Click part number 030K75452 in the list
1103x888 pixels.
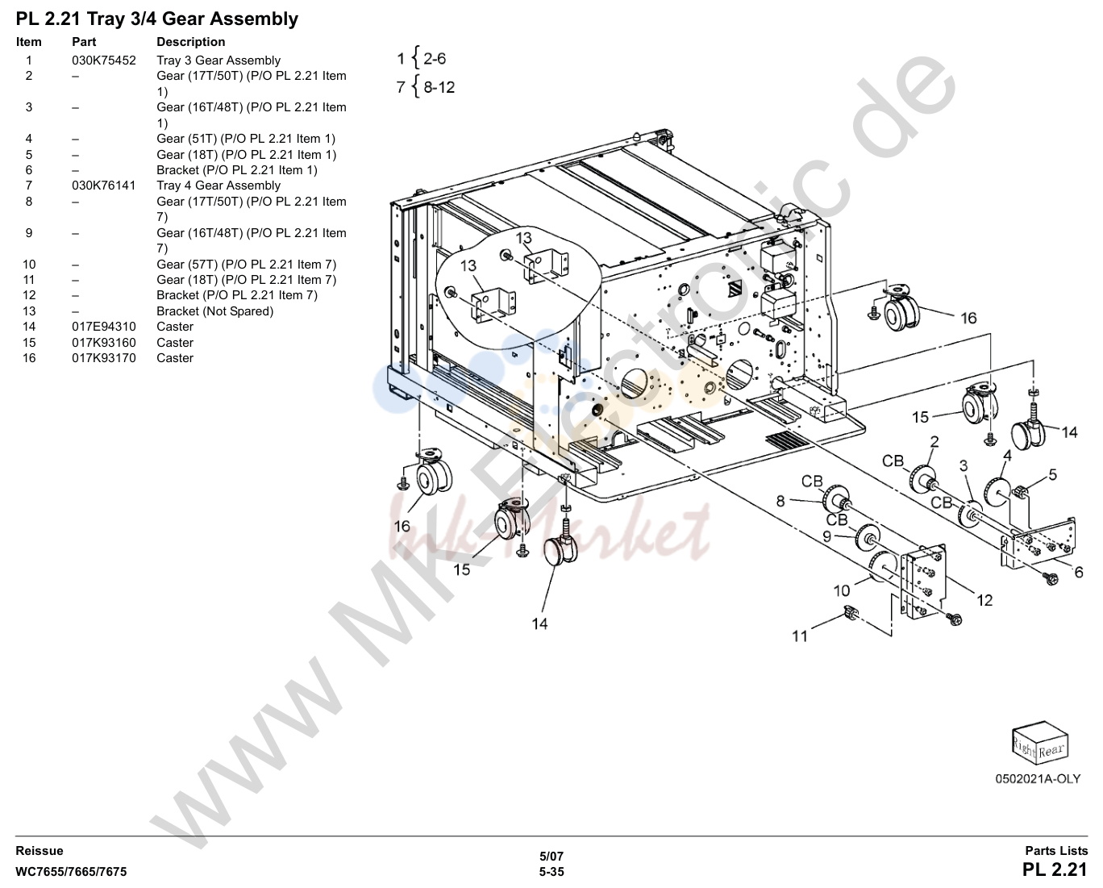click(103, 60)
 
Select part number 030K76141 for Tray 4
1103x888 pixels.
click(103, 186)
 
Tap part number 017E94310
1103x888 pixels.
click(103, 327)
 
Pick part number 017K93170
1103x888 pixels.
click(103, 358)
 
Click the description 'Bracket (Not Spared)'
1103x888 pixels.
click(214, 311)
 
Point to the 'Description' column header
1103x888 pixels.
click(190, 41)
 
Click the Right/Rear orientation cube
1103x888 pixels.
click(1040, 743)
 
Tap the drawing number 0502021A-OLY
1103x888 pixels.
click(1038, 779)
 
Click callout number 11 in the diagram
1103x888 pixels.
click(800, 636)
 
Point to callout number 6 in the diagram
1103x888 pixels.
click(1079, 572)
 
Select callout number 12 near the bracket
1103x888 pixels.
click(984, 600)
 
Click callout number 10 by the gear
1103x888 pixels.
click(842, 591)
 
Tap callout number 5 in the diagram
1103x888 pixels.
click(1053, 475)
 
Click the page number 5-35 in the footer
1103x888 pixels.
click(551, 872)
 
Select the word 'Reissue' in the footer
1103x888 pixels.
click(40, 851)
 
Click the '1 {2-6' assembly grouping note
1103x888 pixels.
click(422, 58)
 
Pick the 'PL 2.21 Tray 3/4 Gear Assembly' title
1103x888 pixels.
click(157, 19)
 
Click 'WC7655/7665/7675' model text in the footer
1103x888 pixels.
click(71, 872)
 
